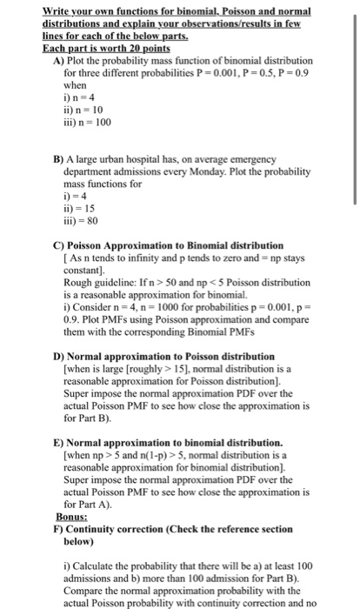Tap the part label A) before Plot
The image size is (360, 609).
pos(58,60)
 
